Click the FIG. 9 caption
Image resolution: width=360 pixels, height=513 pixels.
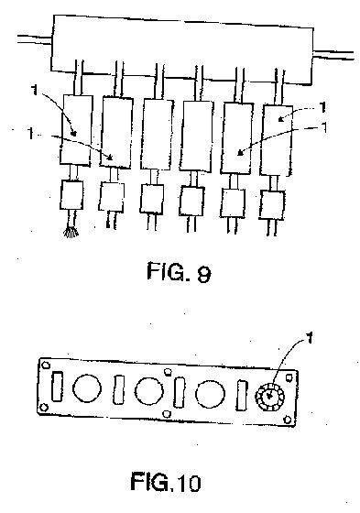point(179,273)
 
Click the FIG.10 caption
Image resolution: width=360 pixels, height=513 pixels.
point(166,482)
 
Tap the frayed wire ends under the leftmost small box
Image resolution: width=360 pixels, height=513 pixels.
point(71,233)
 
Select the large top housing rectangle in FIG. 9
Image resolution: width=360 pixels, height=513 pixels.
point(182,49)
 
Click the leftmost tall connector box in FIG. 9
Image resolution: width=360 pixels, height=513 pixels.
point(76,130)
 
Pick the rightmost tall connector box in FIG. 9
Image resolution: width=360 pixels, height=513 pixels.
point(277,140)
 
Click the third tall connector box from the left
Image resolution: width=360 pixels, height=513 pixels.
point(157,135)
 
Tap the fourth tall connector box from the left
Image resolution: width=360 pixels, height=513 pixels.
point(196,136)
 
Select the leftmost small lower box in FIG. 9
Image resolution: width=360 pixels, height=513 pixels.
point(71,194)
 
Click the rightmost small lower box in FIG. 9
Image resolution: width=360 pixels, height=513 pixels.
point(272,205)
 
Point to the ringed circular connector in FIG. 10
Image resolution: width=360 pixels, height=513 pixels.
point(269,397)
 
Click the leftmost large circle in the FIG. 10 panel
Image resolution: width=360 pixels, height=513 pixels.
point(87,388)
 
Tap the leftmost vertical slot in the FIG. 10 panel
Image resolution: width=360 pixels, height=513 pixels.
point(57,386)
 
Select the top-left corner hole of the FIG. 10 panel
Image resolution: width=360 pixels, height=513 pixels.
point(46,365)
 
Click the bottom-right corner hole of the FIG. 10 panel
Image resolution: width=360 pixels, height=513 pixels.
point(288,420)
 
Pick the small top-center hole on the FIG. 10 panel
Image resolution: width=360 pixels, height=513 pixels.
point(168,372)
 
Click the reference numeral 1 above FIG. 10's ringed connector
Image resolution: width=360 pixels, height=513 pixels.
point(310,338)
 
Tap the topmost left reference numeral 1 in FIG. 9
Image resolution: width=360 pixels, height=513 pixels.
point(35,90)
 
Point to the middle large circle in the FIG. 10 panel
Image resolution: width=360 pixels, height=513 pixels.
point(149,391)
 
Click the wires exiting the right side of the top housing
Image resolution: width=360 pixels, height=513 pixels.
point(333,55)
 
